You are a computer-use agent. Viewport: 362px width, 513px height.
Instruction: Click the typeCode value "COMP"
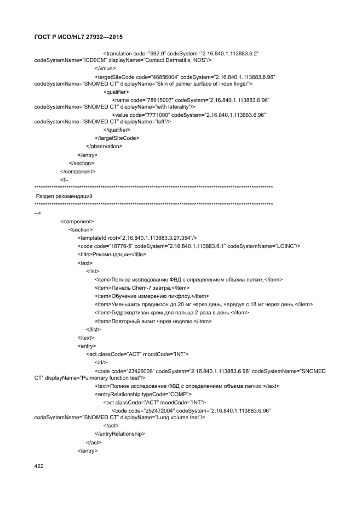pyautogui.click(x=177, y=394)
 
